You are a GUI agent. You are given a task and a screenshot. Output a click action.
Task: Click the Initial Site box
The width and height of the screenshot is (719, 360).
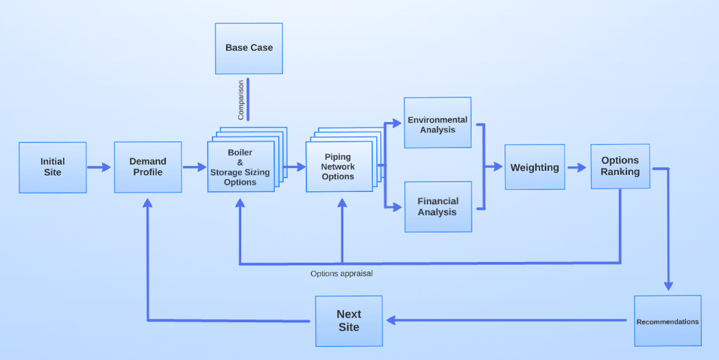(x=53, y=167)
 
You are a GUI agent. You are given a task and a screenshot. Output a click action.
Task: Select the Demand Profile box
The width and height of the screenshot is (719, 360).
(x=148, y=167)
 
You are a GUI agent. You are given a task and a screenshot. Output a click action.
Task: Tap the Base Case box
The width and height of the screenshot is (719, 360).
(x=249, y=48)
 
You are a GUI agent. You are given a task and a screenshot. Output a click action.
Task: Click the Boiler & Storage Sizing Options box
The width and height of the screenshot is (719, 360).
(x=241, y=167)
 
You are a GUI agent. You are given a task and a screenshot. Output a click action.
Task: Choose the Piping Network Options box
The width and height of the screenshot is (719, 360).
(x=339, y=167)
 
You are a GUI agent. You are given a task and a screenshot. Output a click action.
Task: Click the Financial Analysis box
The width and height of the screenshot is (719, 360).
(x=437, y=206)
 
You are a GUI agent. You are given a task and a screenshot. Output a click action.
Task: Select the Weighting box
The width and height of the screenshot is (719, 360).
(x=535, y=167)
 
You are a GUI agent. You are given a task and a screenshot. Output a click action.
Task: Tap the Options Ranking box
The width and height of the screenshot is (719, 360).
(x=620, y=167)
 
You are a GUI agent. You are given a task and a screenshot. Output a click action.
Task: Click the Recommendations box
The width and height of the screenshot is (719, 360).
(x=668, y=321)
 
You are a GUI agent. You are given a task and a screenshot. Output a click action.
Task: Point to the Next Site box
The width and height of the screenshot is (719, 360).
(x=349, y=321)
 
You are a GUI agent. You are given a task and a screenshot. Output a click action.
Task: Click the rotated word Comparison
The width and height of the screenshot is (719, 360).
(x=241, y=100)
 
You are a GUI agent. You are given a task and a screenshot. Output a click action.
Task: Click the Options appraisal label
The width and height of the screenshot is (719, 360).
(x=341, y=273)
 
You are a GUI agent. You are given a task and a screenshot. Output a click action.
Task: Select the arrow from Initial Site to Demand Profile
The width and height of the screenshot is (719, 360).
(x=99, y=167)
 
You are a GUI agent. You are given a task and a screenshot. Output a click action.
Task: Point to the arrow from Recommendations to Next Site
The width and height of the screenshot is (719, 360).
(x=507, y=320)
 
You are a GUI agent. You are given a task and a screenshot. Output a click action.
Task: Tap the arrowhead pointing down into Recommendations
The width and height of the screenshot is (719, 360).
(x=669, y=287)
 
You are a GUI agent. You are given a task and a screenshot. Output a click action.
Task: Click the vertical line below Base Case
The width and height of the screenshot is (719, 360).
(x=248, y=99)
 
